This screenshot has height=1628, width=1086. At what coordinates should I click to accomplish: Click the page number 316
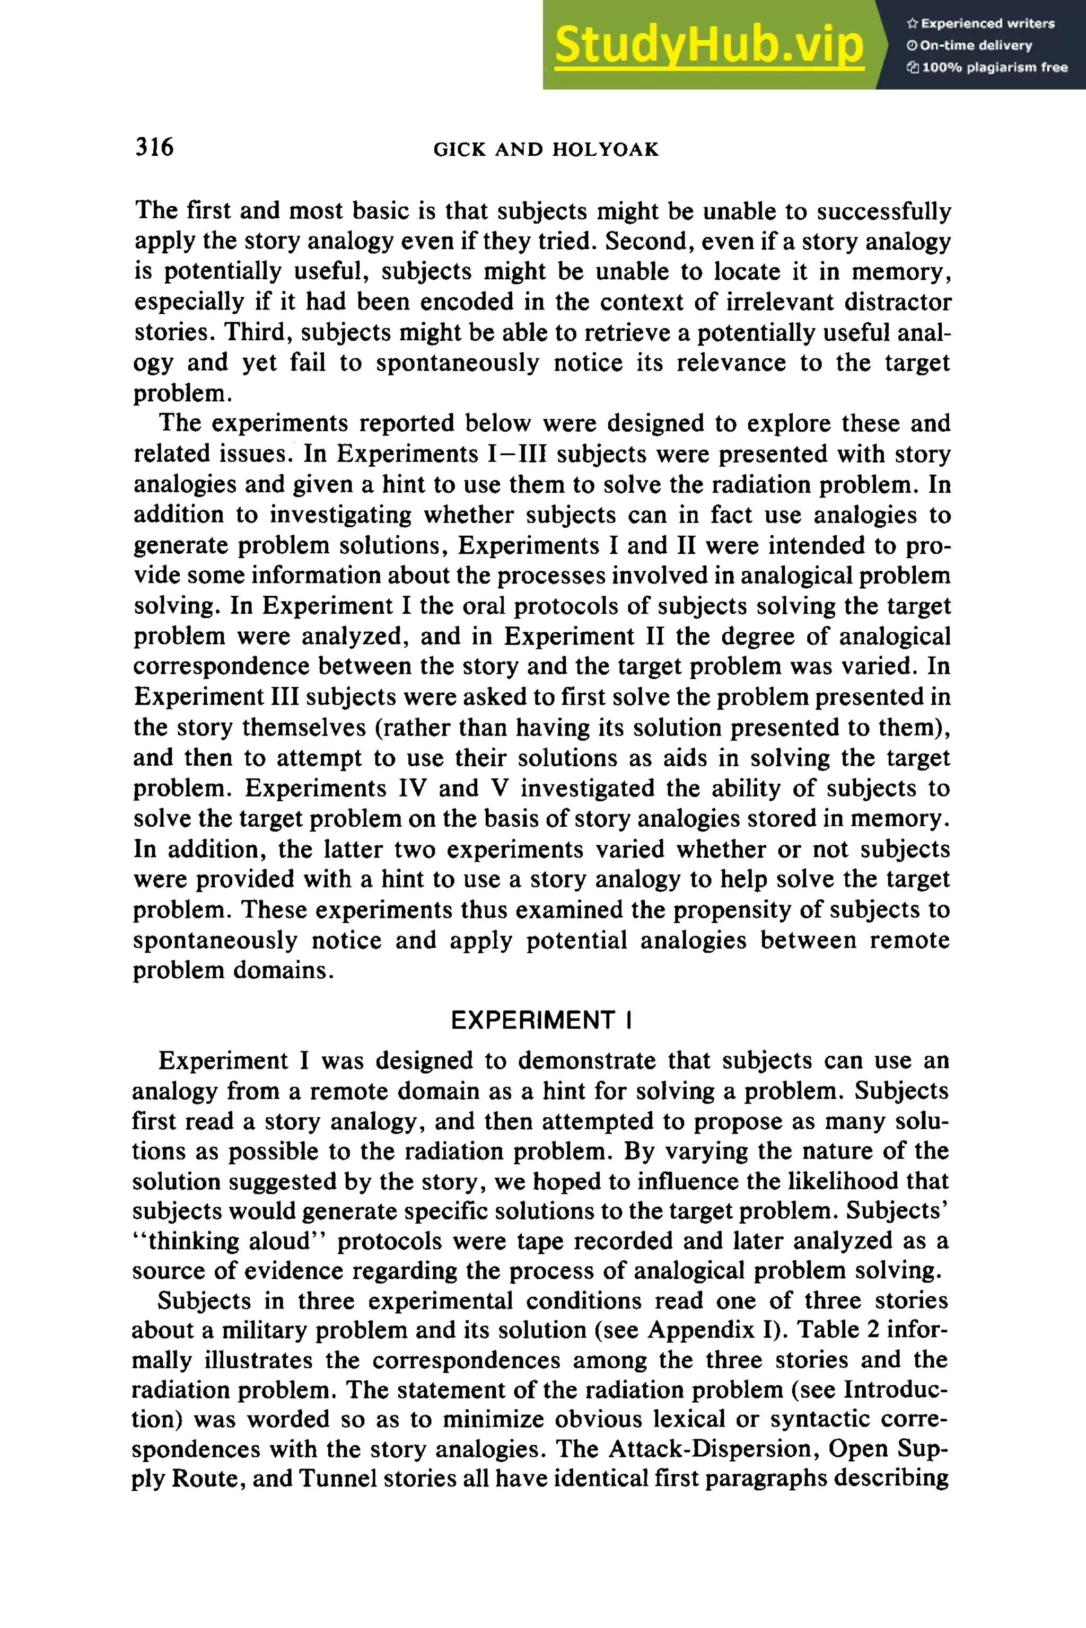[x=154, y=147]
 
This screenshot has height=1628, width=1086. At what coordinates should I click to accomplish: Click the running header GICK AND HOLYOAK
[x=546, y=149]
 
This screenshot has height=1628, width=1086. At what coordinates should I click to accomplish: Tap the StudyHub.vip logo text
[x=708, y=45]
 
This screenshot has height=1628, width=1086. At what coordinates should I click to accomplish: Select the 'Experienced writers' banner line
[x=980, y=23]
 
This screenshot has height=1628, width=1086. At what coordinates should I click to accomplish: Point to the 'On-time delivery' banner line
[x=970, y=45]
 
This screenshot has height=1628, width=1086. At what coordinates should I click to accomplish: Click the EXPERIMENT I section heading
[x=541, y=1020]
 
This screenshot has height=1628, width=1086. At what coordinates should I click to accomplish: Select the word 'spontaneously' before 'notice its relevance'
[x=457, y=362]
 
